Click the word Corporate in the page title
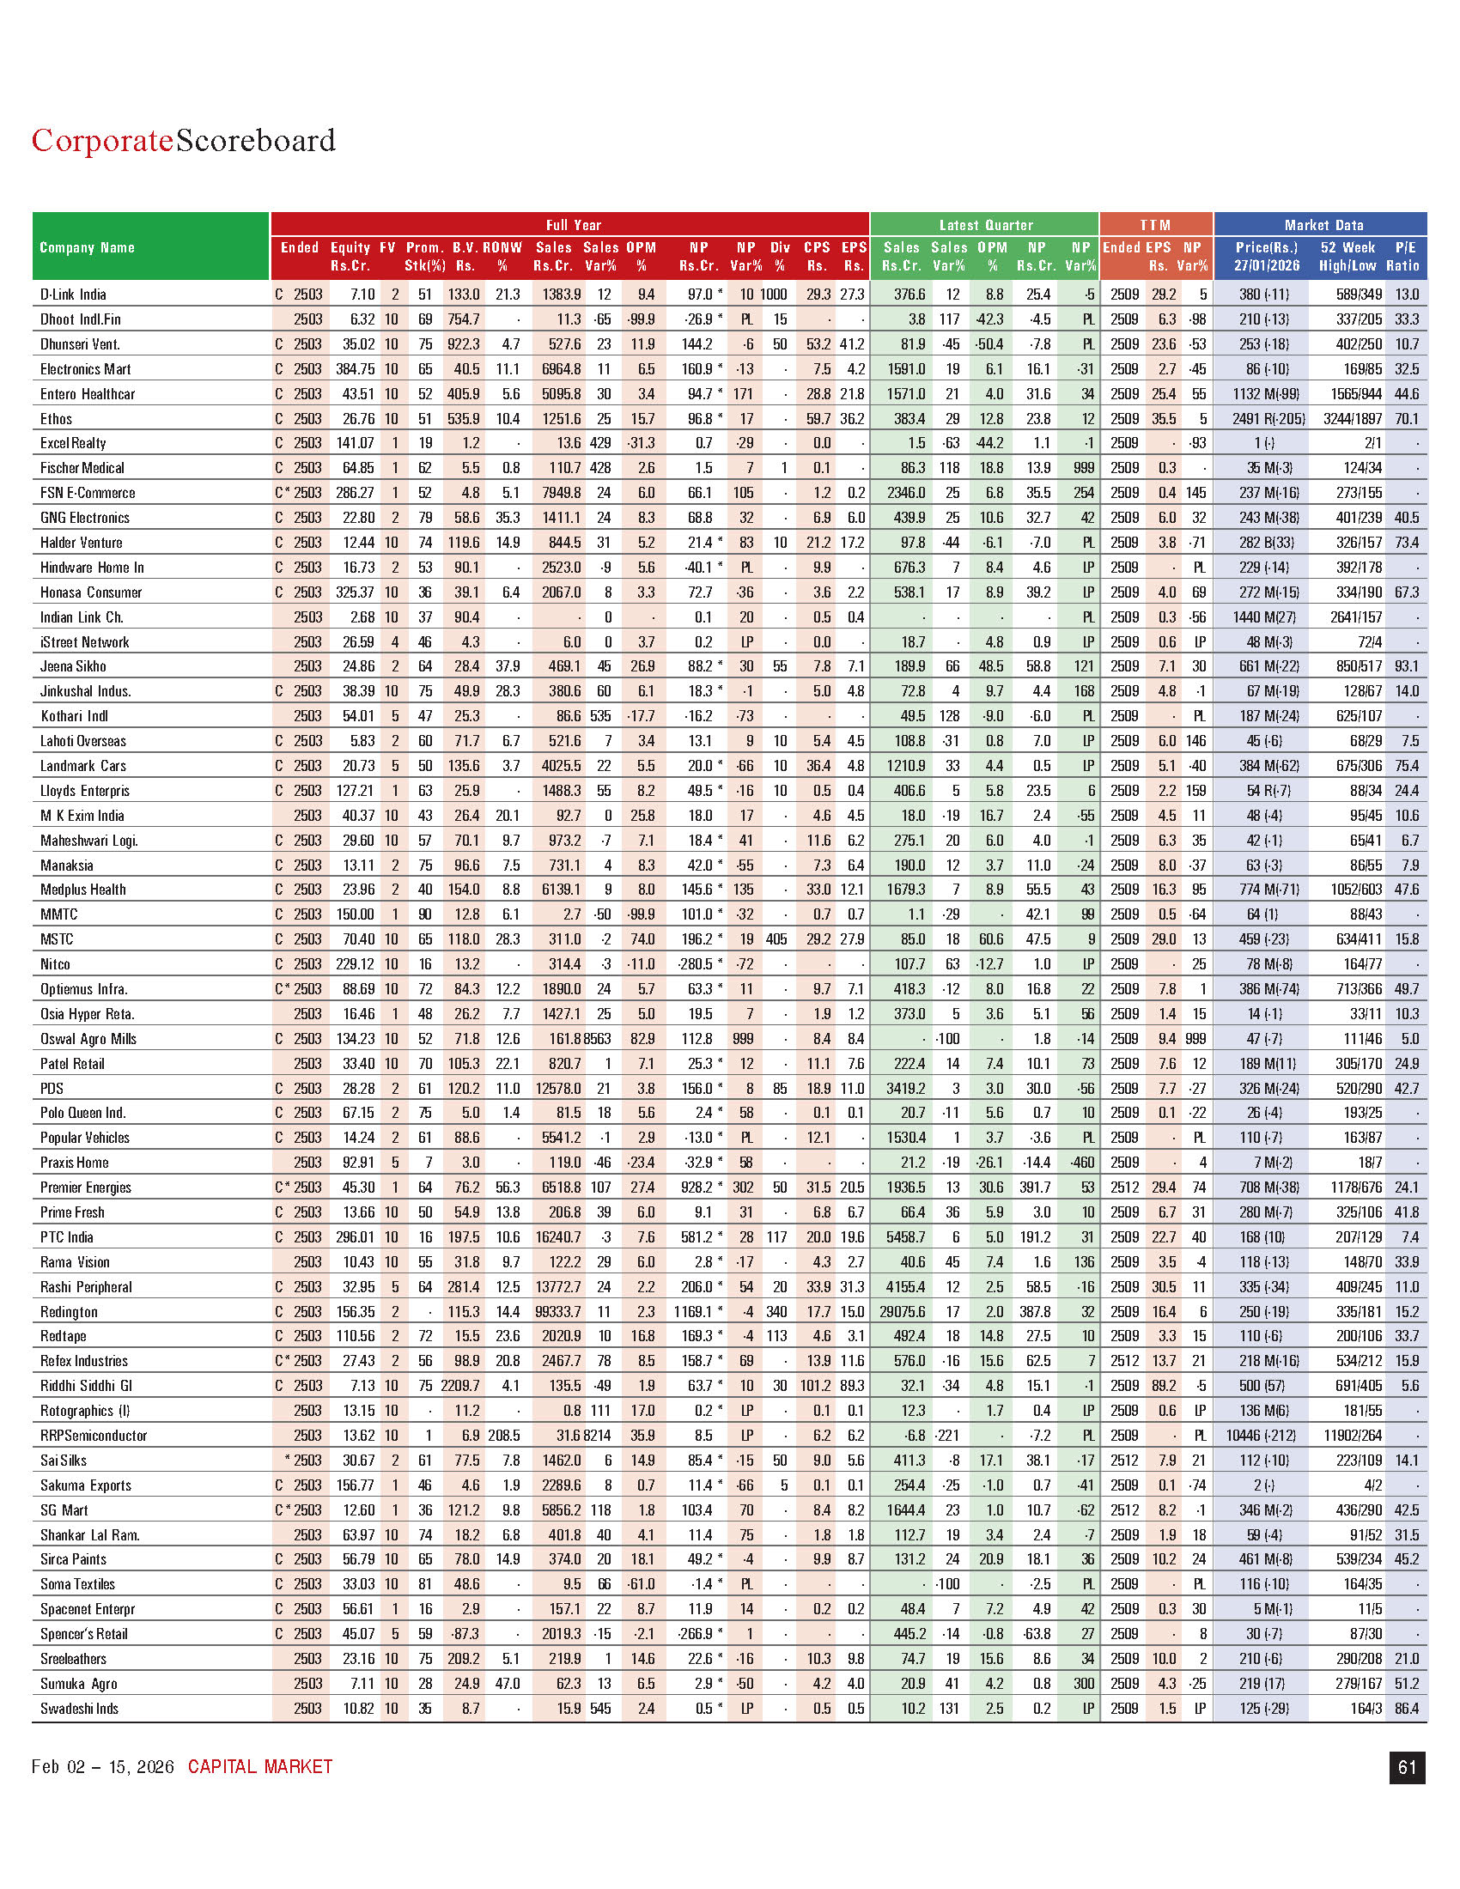pyautogui.click(x=102, y=141)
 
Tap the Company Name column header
pyautogui.click(x=88, y=247)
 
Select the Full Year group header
pyautogui.click(x=573, y=225)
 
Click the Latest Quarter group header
pyautogui.click(x=985, y=225)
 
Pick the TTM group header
pyautogui.click(x=1154, y=225)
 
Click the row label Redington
pyautogui.click(x=70, y=1311)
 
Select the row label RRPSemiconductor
pyautogui.click(x=94, y=1435)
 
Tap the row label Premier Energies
pyautogui.click(x=86, y=1187)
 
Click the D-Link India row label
pyautogui.click(x=73, y=294)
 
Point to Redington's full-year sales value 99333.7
pyautogui.click(x=558, y=1311)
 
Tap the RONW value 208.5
pyautogui.click(x=503, y=1435)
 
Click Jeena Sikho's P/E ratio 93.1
pyautogui.click(x=1407, y=666)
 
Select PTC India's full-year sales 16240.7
pyautogui.click(x=558, y=1236)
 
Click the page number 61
pyautogui.click(x=1407, y=1767)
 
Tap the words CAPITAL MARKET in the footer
pyautogui.click(x=259, y=1767)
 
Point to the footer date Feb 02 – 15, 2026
pyautogui.click(x=103, y=1767)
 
